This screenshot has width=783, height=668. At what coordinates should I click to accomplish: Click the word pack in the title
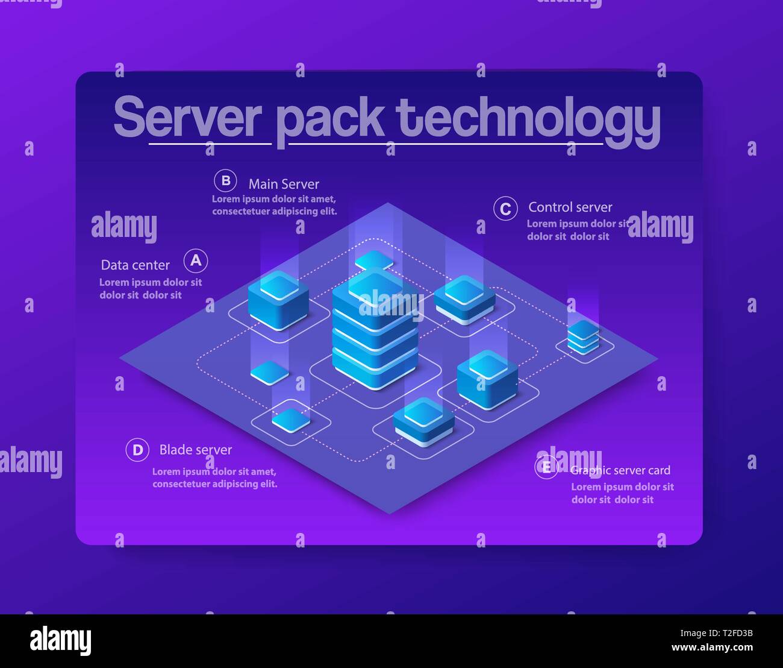coord(330,119)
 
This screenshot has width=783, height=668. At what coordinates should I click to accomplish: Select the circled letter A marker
coord(196,261)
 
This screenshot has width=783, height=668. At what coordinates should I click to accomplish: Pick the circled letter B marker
coord(225,181)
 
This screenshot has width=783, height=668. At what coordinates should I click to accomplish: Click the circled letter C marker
coord(505,209)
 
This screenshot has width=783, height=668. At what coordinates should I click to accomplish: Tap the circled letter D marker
coord(137,450)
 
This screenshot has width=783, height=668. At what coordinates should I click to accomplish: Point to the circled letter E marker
coord(546,467)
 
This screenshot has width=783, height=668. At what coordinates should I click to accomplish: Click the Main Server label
coord(284,184)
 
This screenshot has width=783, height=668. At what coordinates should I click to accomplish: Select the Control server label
coord(570,207)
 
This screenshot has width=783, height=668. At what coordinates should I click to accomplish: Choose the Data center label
coord(135,265)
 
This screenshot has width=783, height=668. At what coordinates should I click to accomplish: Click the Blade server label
coord(195,450)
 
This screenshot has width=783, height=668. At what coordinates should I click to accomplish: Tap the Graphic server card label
coord(620,470)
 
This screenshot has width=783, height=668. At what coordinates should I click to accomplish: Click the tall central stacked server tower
coord(375,338)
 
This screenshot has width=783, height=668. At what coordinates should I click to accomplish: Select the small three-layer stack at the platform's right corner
coord(584,338)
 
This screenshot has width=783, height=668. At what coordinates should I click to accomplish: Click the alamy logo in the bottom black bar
coord(60,640)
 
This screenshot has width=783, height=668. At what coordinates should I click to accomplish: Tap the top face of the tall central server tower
coord(375,283)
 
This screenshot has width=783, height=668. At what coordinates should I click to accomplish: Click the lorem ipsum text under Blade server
coord(214,477)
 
